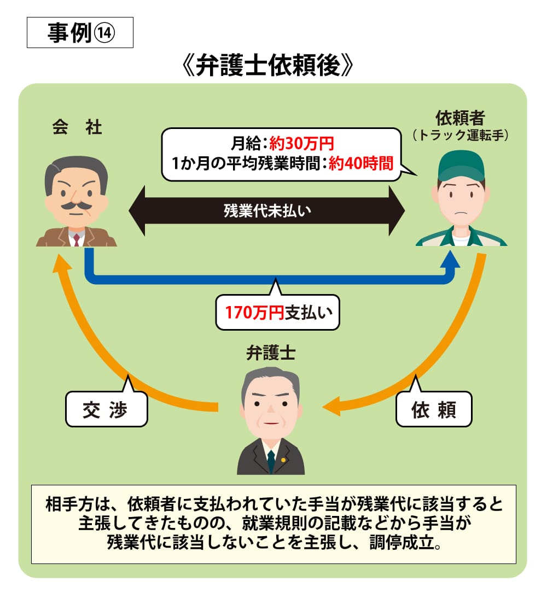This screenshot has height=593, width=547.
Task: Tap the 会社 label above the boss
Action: (77, 128)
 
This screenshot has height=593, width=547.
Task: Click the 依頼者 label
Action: (461, 118)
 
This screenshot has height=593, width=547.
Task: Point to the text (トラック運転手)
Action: (461, 135)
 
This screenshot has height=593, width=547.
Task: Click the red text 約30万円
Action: (301, 144)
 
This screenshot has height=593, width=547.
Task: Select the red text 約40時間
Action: (361, 163)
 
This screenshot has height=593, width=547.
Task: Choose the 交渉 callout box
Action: (107, 409)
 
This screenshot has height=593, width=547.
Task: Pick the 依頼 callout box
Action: (433, 409)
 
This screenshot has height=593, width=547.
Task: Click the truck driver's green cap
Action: (461, 165)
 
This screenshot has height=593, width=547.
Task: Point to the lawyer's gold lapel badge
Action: (283, 460)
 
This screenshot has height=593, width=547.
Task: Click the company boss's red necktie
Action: (76, 239)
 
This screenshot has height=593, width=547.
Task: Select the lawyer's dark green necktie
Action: (271, 460)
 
